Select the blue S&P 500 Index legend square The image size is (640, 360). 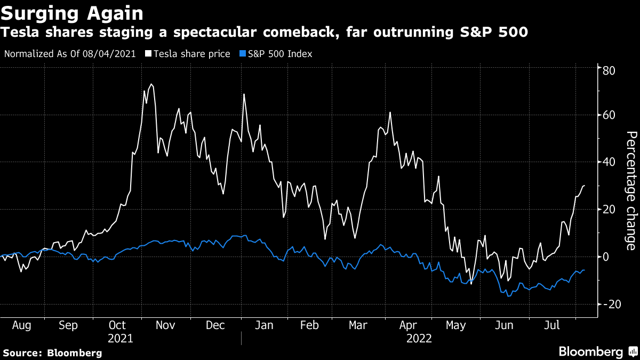point(243,54)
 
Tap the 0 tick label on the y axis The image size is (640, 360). point(606,257)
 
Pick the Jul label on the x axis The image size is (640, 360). point(553,325)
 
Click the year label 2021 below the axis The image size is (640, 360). point(120,338)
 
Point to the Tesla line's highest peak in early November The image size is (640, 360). point(151,84)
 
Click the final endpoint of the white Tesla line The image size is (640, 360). point(584,186)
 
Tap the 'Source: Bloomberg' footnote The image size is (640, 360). point(52,353)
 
